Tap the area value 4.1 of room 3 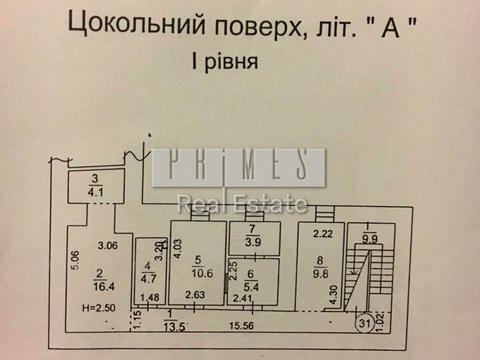[x=95, y=193]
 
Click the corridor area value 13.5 [x=175, y=325]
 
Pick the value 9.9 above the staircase [x=370, y=238]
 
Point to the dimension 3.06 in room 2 [x=107, y=245]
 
